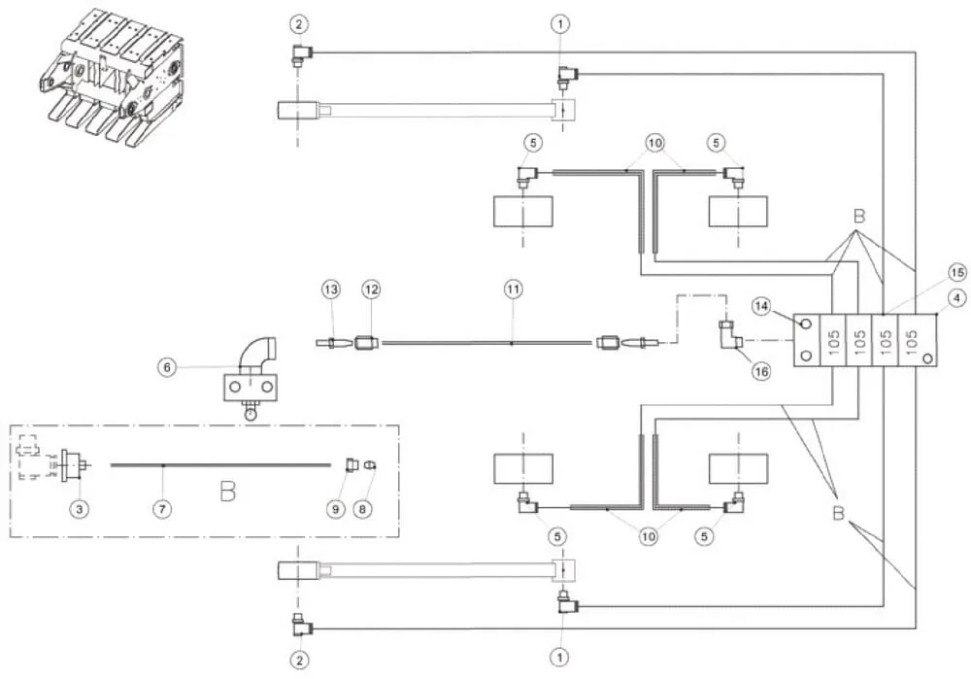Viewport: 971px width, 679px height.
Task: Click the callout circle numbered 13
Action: [331, 289]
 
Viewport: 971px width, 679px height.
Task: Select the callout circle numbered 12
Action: [372, 289]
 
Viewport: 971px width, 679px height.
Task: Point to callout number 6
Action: [167, 367]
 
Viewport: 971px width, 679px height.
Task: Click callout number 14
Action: [761, 305]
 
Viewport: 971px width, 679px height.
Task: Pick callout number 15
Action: [957, 273]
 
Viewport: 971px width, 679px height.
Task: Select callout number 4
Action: [957, 298]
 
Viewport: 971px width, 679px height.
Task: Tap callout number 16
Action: [761, 371]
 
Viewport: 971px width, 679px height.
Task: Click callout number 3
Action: [80, 509]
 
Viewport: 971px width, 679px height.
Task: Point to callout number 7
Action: [161, 509]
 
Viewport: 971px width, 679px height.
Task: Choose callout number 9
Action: [336, 509]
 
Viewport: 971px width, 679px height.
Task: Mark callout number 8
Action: [363, 509]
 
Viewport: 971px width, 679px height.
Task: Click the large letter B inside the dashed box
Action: [228, 492]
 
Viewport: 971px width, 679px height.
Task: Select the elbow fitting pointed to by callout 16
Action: [728, 338]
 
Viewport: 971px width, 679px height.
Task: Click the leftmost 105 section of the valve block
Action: [833, 340]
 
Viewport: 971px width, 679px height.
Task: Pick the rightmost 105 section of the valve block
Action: [911, 340]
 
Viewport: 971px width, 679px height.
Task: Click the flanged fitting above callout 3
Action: [73, 464]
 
